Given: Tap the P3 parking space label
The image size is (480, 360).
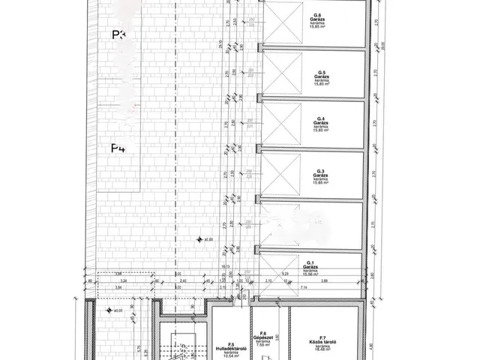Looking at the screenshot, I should pyautogui.click(x=118, y=34).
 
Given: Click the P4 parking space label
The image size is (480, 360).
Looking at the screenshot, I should pyautogui.click(x=118, y=148).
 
